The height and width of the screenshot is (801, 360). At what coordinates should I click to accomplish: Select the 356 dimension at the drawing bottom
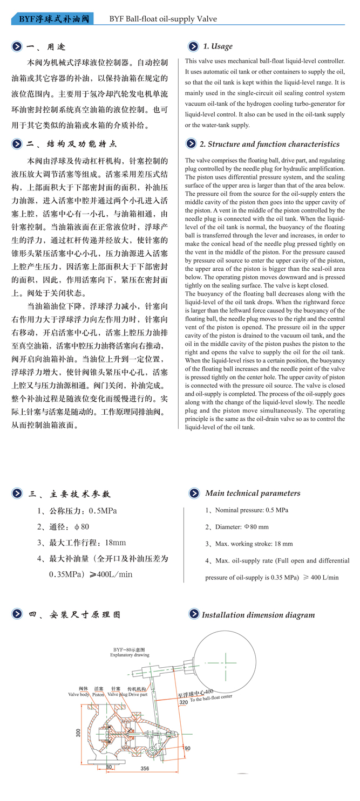(144, 768)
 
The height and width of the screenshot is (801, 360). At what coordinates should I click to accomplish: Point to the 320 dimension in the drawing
(184, 702)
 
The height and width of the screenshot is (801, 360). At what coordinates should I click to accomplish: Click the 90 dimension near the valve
(188, 748)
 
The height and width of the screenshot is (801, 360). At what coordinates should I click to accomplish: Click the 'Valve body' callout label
(79, 695)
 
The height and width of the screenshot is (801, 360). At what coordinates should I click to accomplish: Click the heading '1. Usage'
(218, 46)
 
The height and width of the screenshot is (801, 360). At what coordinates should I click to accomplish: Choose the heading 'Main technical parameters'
(252, 493)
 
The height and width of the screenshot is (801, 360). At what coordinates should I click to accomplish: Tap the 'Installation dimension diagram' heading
(258, 615)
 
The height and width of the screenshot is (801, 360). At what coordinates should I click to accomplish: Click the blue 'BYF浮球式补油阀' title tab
(52, 19)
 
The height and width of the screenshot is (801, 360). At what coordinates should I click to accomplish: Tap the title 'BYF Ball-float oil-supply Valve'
(162, 19)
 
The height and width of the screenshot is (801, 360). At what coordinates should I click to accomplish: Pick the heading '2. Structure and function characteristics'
(269, 144)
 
